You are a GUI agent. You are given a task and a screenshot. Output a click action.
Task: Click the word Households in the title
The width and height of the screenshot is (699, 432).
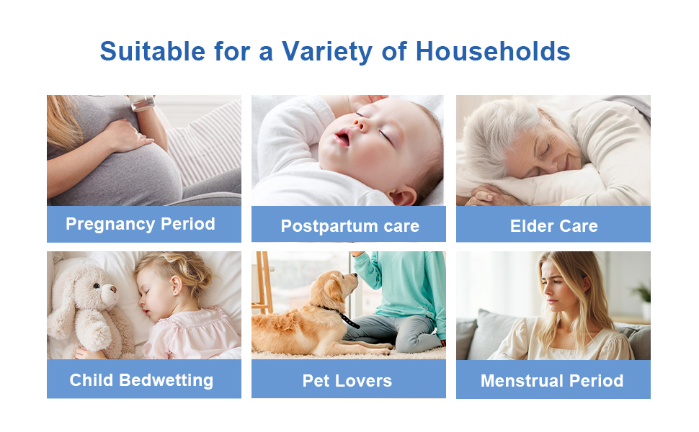494,51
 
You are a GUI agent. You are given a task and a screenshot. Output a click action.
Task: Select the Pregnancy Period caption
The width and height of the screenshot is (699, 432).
141,224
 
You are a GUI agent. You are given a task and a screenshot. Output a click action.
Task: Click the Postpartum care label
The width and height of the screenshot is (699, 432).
349,226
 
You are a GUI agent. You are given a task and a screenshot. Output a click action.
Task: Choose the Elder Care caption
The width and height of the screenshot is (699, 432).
553,226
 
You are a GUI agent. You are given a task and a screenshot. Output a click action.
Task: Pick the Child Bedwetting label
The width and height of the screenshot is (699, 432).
141,380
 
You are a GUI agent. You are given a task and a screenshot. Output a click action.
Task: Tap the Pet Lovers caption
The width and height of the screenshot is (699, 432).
347,381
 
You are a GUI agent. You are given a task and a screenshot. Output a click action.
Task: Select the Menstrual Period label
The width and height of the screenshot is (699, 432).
552,381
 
